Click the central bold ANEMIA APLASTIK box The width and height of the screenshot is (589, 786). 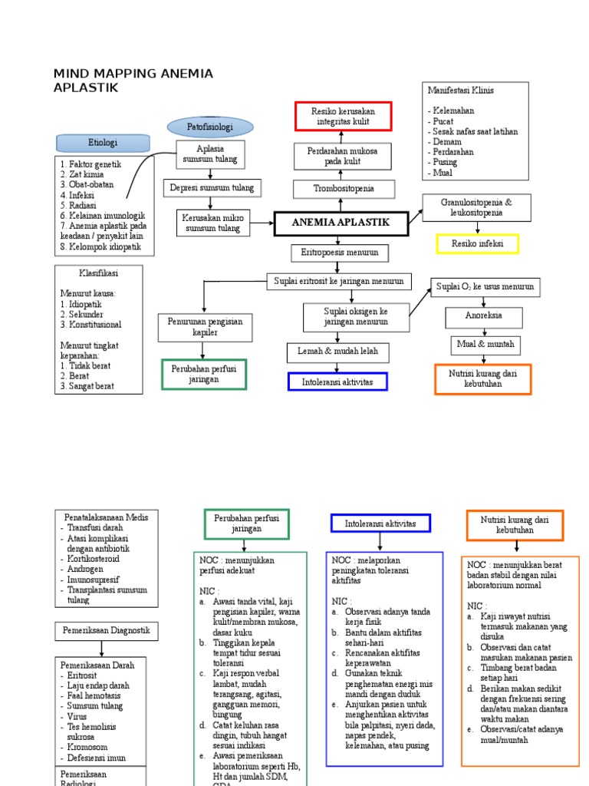[341, 223]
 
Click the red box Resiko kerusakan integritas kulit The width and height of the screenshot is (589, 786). [344, 117]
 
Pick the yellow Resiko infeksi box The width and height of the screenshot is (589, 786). [477, 244]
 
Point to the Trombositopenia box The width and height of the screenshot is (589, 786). [343, 188]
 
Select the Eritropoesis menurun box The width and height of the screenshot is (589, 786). [340, 253]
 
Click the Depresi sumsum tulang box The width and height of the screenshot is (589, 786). [212, 187]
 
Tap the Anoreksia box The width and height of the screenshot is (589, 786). [484, 316]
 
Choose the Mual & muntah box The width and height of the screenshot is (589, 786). [485, 344]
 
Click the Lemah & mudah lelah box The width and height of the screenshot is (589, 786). [338, 352]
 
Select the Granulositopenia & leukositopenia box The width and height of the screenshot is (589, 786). [476, 207]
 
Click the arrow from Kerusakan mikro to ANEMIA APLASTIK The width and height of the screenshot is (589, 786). [261, 224]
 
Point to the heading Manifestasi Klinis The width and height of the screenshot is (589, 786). [460, 91]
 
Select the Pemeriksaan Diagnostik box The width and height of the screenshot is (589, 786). [107, 631]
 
